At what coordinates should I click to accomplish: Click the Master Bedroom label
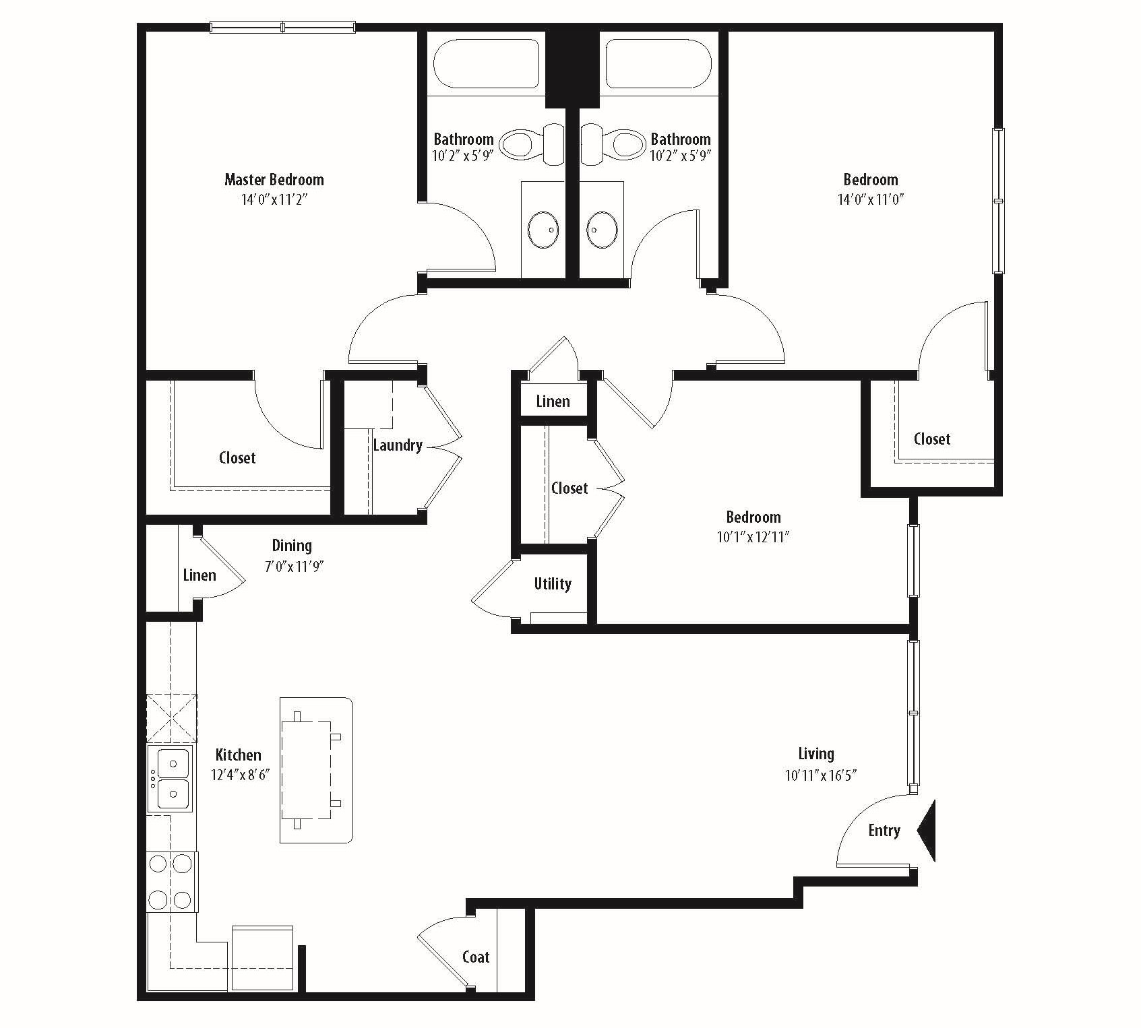tap(274, 180)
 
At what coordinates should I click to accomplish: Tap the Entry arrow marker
tap(927, 831)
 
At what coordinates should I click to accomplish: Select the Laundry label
tap(398, 445)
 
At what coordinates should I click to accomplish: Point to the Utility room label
tap(553, 583)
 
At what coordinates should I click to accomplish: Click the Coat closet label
tap(476, 957)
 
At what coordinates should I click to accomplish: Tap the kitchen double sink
tap(172, 779)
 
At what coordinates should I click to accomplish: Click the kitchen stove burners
tap(172, 882)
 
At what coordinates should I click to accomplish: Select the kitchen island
tap(316, 770)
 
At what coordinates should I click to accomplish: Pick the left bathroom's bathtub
tap(487, 64)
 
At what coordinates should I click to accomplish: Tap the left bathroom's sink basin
tap(544, 229)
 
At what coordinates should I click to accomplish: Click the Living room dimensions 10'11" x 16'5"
tap(820, 775)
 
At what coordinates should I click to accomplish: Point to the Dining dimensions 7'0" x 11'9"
tap(295, 567)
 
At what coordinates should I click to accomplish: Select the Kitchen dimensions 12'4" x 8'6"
tap(240, 775)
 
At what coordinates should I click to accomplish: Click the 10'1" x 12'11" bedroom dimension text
tap(753, 538)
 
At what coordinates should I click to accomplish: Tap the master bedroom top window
tap(282, 28)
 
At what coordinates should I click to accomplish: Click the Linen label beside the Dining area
tap(199, 575)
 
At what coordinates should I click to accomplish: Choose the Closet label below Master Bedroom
tap(237, 458)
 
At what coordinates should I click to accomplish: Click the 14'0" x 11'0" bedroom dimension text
tap(870, 199)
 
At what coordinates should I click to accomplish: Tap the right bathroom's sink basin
tap(601, 229)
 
